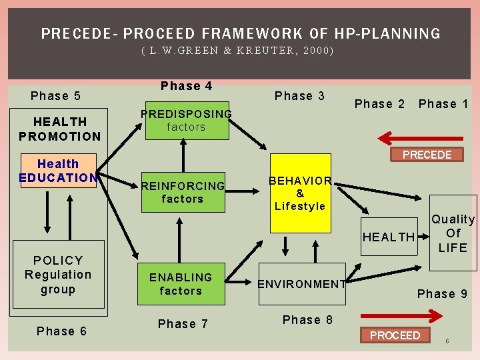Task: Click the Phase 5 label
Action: (56, 96)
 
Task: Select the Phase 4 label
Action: (187, 86)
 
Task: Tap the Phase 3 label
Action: (299, 96)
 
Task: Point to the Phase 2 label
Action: (379, 104)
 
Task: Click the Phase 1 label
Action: (443, 104)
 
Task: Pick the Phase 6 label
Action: (61, 331)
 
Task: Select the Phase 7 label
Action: (183, 324)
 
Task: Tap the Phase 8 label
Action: (307, 320)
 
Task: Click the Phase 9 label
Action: (442, 294)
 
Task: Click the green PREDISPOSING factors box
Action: (187, 121)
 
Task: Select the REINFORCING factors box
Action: (183, 192)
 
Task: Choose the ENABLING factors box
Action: (181, 284)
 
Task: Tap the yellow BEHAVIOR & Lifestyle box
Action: (300, 193)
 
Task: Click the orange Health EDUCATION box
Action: (59, 171)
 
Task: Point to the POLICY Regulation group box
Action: (59, 275)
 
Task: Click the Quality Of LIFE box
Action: (453, 233)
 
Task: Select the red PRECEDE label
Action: (427, 155)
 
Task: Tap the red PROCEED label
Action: (395, 335)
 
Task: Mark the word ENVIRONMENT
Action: (302, 284)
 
